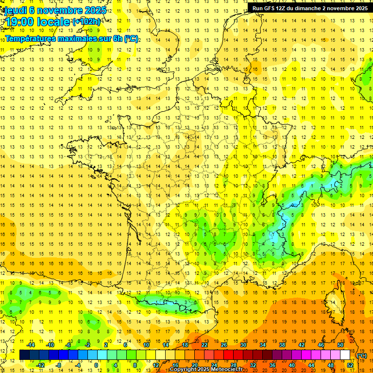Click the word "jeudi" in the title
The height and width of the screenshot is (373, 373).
(13, 10)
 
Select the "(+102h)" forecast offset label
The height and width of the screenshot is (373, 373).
(86, 22)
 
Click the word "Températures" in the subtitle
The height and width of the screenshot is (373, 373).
(29, 38)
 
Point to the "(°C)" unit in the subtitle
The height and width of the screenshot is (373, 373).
(131, 38)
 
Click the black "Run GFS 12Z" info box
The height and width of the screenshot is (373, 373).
(310, 8)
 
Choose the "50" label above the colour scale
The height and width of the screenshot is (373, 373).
(340, 345)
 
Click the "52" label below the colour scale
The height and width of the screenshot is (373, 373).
(350, 365)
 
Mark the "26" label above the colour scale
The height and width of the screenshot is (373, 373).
(224, 345)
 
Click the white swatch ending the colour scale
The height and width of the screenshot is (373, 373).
(345, 355)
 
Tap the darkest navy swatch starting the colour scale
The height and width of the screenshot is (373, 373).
(24, 355)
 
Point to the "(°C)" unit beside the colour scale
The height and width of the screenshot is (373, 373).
(361, 355)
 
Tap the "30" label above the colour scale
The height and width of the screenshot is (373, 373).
(243, 345)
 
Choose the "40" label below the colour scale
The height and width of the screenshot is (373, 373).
(292, 365)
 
